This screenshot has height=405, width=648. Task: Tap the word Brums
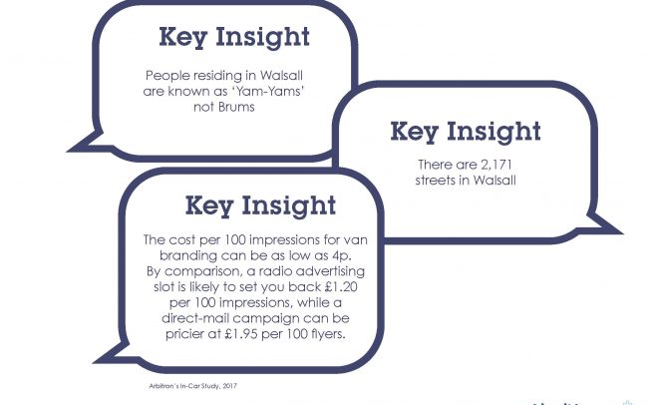pyautogui.click(x=236, y=107)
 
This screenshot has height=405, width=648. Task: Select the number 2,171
pyautogui.click(x=496, y=165)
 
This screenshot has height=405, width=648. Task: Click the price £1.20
pyautogui.click(x=341, y=286)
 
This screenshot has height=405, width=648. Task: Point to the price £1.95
pyautogui.click(x=241, y=334)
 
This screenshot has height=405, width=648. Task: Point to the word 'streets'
pyautogui.click(x=436, y=181)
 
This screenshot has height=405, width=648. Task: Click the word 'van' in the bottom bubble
pyautogui.click(x=356, y=240)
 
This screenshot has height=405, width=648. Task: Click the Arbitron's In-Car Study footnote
pyautogui.click(x=193, y=386)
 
